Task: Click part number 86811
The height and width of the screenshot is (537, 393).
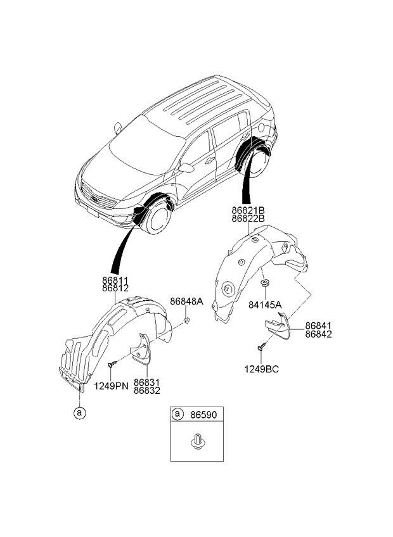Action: (115, 281)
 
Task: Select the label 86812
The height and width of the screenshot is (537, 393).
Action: (115, 289)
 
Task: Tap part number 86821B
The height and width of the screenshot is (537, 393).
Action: (248, 210)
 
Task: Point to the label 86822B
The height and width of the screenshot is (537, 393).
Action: (248, 218)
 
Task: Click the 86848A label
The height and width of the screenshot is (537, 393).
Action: (186, 301)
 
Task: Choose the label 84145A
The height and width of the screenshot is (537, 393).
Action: (265, 305)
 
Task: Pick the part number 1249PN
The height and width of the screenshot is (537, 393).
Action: (111, 386)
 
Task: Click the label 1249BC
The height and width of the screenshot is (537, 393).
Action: (261, 369)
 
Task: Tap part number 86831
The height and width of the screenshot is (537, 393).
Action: (147, 382)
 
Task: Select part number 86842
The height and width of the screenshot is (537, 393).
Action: (319, 334)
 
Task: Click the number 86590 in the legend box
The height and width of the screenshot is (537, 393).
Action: (203, 415)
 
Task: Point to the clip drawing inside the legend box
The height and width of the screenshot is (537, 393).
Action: (197, 441)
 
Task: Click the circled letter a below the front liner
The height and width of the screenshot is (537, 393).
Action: (80, 413)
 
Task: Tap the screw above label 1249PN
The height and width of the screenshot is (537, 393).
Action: (112, 364)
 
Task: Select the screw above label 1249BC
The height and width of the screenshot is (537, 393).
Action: (262, 346)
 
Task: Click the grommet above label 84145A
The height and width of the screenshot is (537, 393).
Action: (265, 283)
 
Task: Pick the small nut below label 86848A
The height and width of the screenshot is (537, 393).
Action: (186, 321)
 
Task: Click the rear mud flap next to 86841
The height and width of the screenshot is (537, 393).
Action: (278, 325)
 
